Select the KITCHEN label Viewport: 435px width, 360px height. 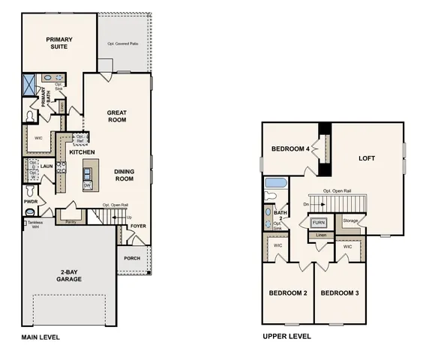click(82, 152)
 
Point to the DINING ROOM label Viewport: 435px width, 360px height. click(124, 175)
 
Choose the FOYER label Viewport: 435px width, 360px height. click(139, 225)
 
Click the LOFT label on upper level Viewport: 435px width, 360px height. click(366, 158)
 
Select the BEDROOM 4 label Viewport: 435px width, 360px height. click(290, 149)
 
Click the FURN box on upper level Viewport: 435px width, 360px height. click(319, 223)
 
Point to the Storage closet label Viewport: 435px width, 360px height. click(350, 220)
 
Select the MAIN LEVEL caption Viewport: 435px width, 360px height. click(40, 337)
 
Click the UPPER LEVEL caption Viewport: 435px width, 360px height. click(286, 337)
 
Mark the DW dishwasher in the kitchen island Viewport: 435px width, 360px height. click(87, 184)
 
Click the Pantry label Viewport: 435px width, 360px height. click(71, 222)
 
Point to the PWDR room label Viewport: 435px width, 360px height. click(31, 201)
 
